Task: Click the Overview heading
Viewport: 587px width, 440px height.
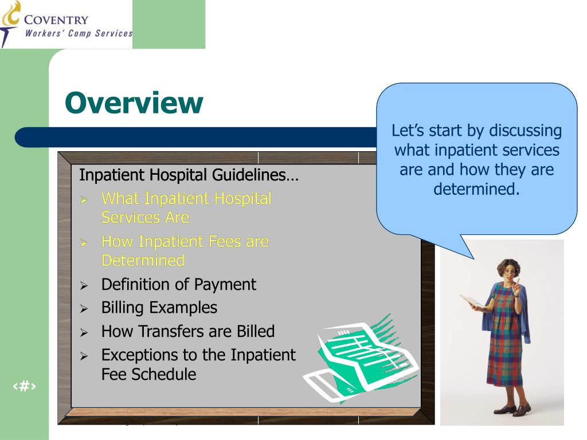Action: coord(134,103)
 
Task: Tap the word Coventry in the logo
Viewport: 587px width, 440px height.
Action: coord(56,19)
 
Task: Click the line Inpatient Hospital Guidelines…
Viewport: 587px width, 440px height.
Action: coord(189,175)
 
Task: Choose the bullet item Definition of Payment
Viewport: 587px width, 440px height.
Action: coord(178,284)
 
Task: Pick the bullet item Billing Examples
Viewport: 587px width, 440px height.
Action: coord(159,308)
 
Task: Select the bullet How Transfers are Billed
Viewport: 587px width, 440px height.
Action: coord(187,331)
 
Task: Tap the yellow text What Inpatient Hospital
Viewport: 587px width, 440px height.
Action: coord(186,199)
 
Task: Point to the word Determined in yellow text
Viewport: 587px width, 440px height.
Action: coord(143,261)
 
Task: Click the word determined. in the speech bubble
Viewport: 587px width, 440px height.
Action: coord(476,189)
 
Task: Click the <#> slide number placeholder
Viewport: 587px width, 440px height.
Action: coord(24,386)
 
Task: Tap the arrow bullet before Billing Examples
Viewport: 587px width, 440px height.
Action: coord(84,309)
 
